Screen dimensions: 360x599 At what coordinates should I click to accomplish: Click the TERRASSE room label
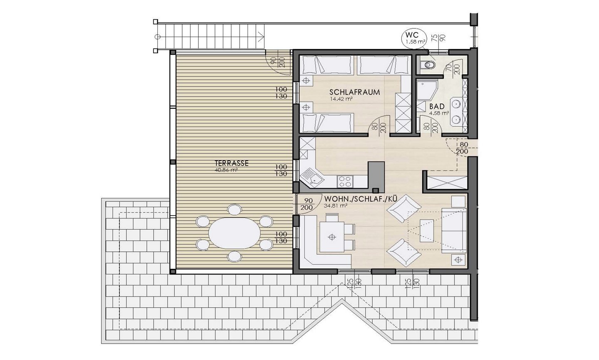(232, 164)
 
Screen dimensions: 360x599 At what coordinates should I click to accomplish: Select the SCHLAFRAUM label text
(354, 92)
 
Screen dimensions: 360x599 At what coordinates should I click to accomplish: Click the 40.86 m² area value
(231, 170)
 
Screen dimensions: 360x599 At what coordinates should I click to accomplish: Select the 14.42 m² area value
(342, 99)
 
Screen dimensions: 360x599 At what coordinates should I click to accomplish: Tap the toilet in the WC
(427, 65)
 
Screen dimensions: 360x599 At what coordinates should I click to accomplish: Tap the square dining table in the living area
(332, 237)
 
